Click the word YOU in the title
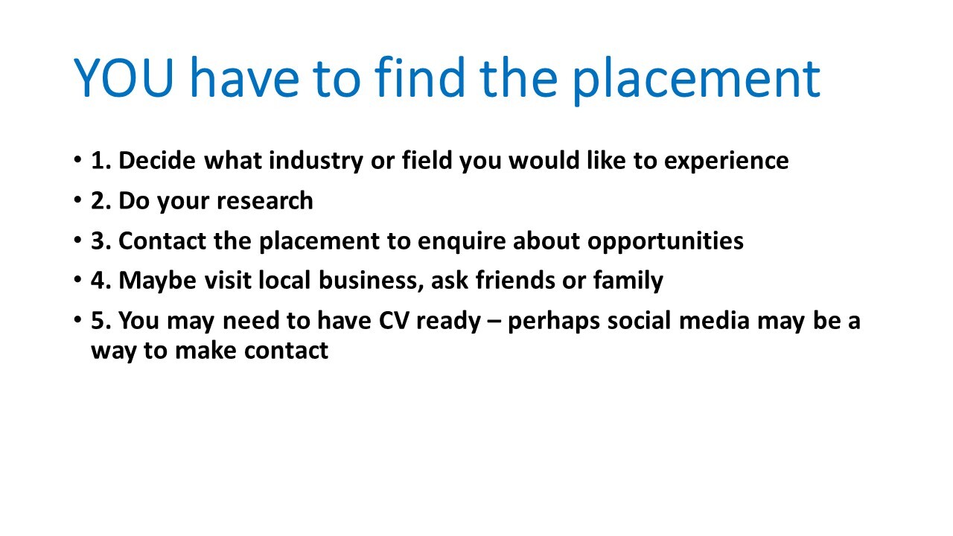(124, 77)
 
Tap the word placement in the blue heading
(696, 81)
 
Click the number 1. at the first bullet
(101, 161)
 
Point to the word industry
(316, 162)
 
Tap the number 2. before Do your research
(101, 201)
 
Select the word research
(264, 201)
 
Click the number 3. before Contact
(101, 241)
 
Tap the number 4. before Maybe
(101, 281)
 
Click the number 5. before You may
(101, 321)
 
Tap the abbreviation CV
(394, 321)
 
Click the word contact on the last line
(286, 351)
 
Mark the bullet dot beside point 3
(77, 240)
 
